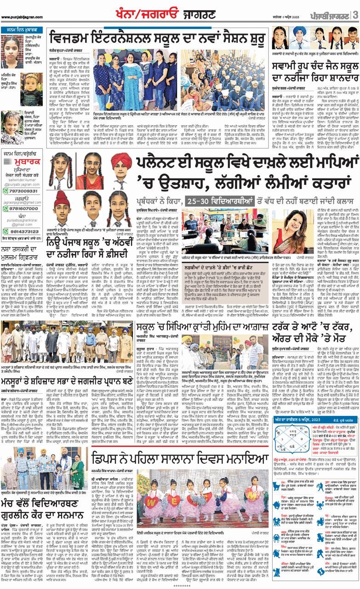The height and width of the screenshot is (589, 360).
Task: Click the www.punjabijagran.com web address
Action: coord(20,17)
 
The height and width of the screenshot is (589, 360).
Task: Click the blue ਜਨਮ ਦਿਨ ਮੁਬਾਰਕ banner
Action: coord(23,31)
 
